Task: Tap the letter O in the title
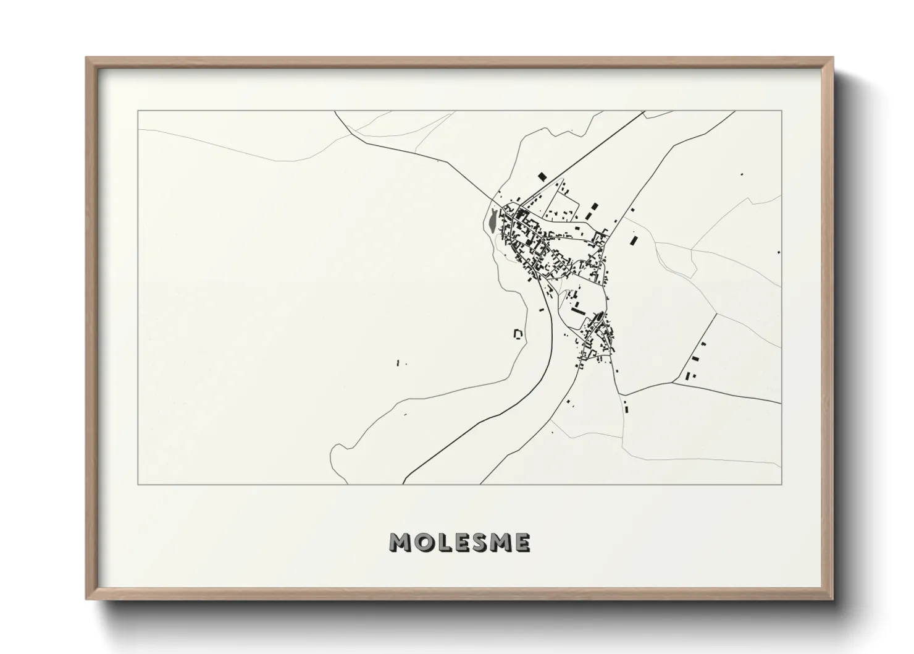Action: (420, 543)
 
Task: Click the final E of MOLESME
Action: (522, 543)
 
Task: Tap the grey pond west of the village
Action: (492, 219)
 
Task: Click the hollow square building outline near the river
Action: (518, 334)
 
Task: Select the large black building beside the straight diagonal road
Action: (542, 177)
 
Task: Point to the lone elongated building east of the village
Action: (634, 240)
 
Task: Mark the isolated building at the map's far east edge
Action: (778, 252)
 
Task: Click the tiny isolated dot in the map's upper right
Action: (741, 175)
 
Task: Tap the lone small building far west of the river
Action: (398, 363)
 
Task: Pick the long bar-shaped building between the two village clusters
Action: (577, 310)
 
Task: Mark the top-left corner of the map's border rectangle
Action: (138, 111)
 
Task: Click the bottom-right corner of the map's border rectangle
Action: (782, 485)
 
